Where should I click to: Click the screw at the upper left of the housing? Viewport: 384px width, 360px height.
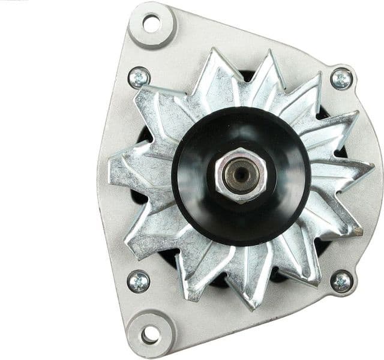(x=139, y=77)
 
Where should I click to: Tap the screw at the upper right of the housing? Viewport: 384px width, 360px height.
(x=341, y=78)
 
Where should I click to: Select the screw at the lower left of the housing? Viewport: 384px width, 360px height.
(x=139, y=281)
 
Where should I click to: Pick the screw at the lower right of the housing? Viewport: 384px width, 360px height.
(x=341, y=281)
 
